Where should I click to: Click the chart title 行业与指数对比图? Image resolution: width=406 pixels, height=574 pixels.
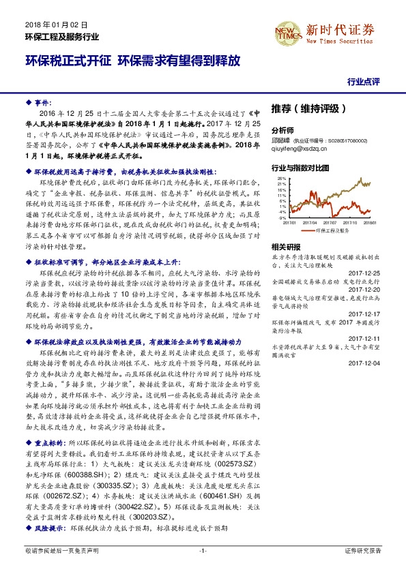[x=300, y=167]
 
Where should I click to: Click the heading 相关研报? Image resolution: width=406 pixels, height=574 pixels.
[x=285, y=247]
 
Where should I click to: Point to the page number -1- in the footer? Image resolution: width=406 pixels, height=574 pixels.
[x=202, y=550]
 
